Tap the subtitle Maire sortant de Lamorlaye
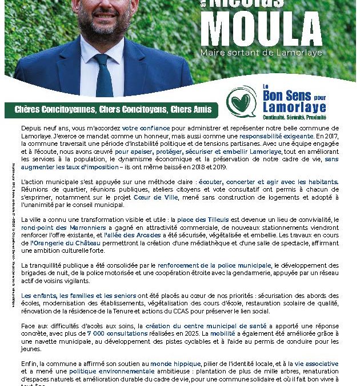click(x=269, y=53)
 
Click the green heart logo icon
click(x=242, y=102)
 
